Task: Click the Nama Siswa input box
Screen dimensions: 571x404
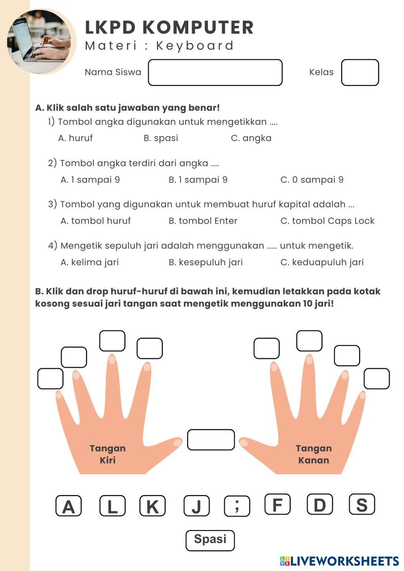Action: pyautogui.click(x=215, y=73)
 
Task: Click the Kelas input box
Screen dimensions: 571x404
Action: pyautogui.click(x=360, y=73)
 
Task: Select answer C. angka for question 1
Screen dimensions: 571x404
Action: pyautogui.click(x=251, y=138)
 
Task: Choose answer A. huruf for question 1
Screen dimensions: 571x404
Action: pyautogui.click(x=76, y=138)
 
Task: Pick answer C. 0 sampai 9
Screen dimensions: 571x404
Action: pyautogui.click(x=311, y=180)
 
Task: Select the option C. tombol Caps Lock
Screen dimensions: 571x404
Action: pyautogui.click(x=327, y=221)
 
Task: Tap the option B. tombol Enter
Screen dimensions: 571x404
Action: pyautogui.click(x=203, y=221)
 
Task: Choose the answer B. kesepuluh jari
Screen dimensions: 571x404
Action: pyautogui.click(x=206, y=262)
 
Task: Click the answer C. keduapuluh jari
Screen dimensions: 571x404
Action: pyautogui.click(x=322, y=262)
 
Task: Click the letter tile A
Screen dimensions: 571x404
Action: pyautogui.click(x=69, y=506)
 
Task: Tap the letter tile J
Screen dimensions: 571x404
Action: pyautogui.click(x=196, y=506)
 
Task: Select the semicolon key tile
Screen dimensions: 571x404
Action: pyautogui.click(x=237, y=506)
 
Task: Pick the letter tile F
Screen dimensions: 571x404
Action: pyautogui.click(x=278, y=504)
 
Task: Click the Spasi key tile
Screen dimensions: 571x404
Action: pyautogui.click(x=210, y=540)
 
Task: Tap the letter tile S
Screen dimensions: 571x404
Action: pyautogui.click(x=362, y=504)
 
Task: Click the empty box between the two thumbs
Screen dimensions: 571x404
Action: pyautogui.click(x=211, y=440)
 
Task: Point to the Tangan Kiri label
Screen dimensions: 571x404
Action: pyautogui.click(x=107, y=454)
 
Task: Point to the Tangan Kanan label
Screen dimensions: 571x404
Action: pyautogui.click(x=314, y=454)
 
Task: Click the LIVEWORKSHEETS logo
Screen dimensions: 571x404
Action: pyautogui.click(x=339, y=561)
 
